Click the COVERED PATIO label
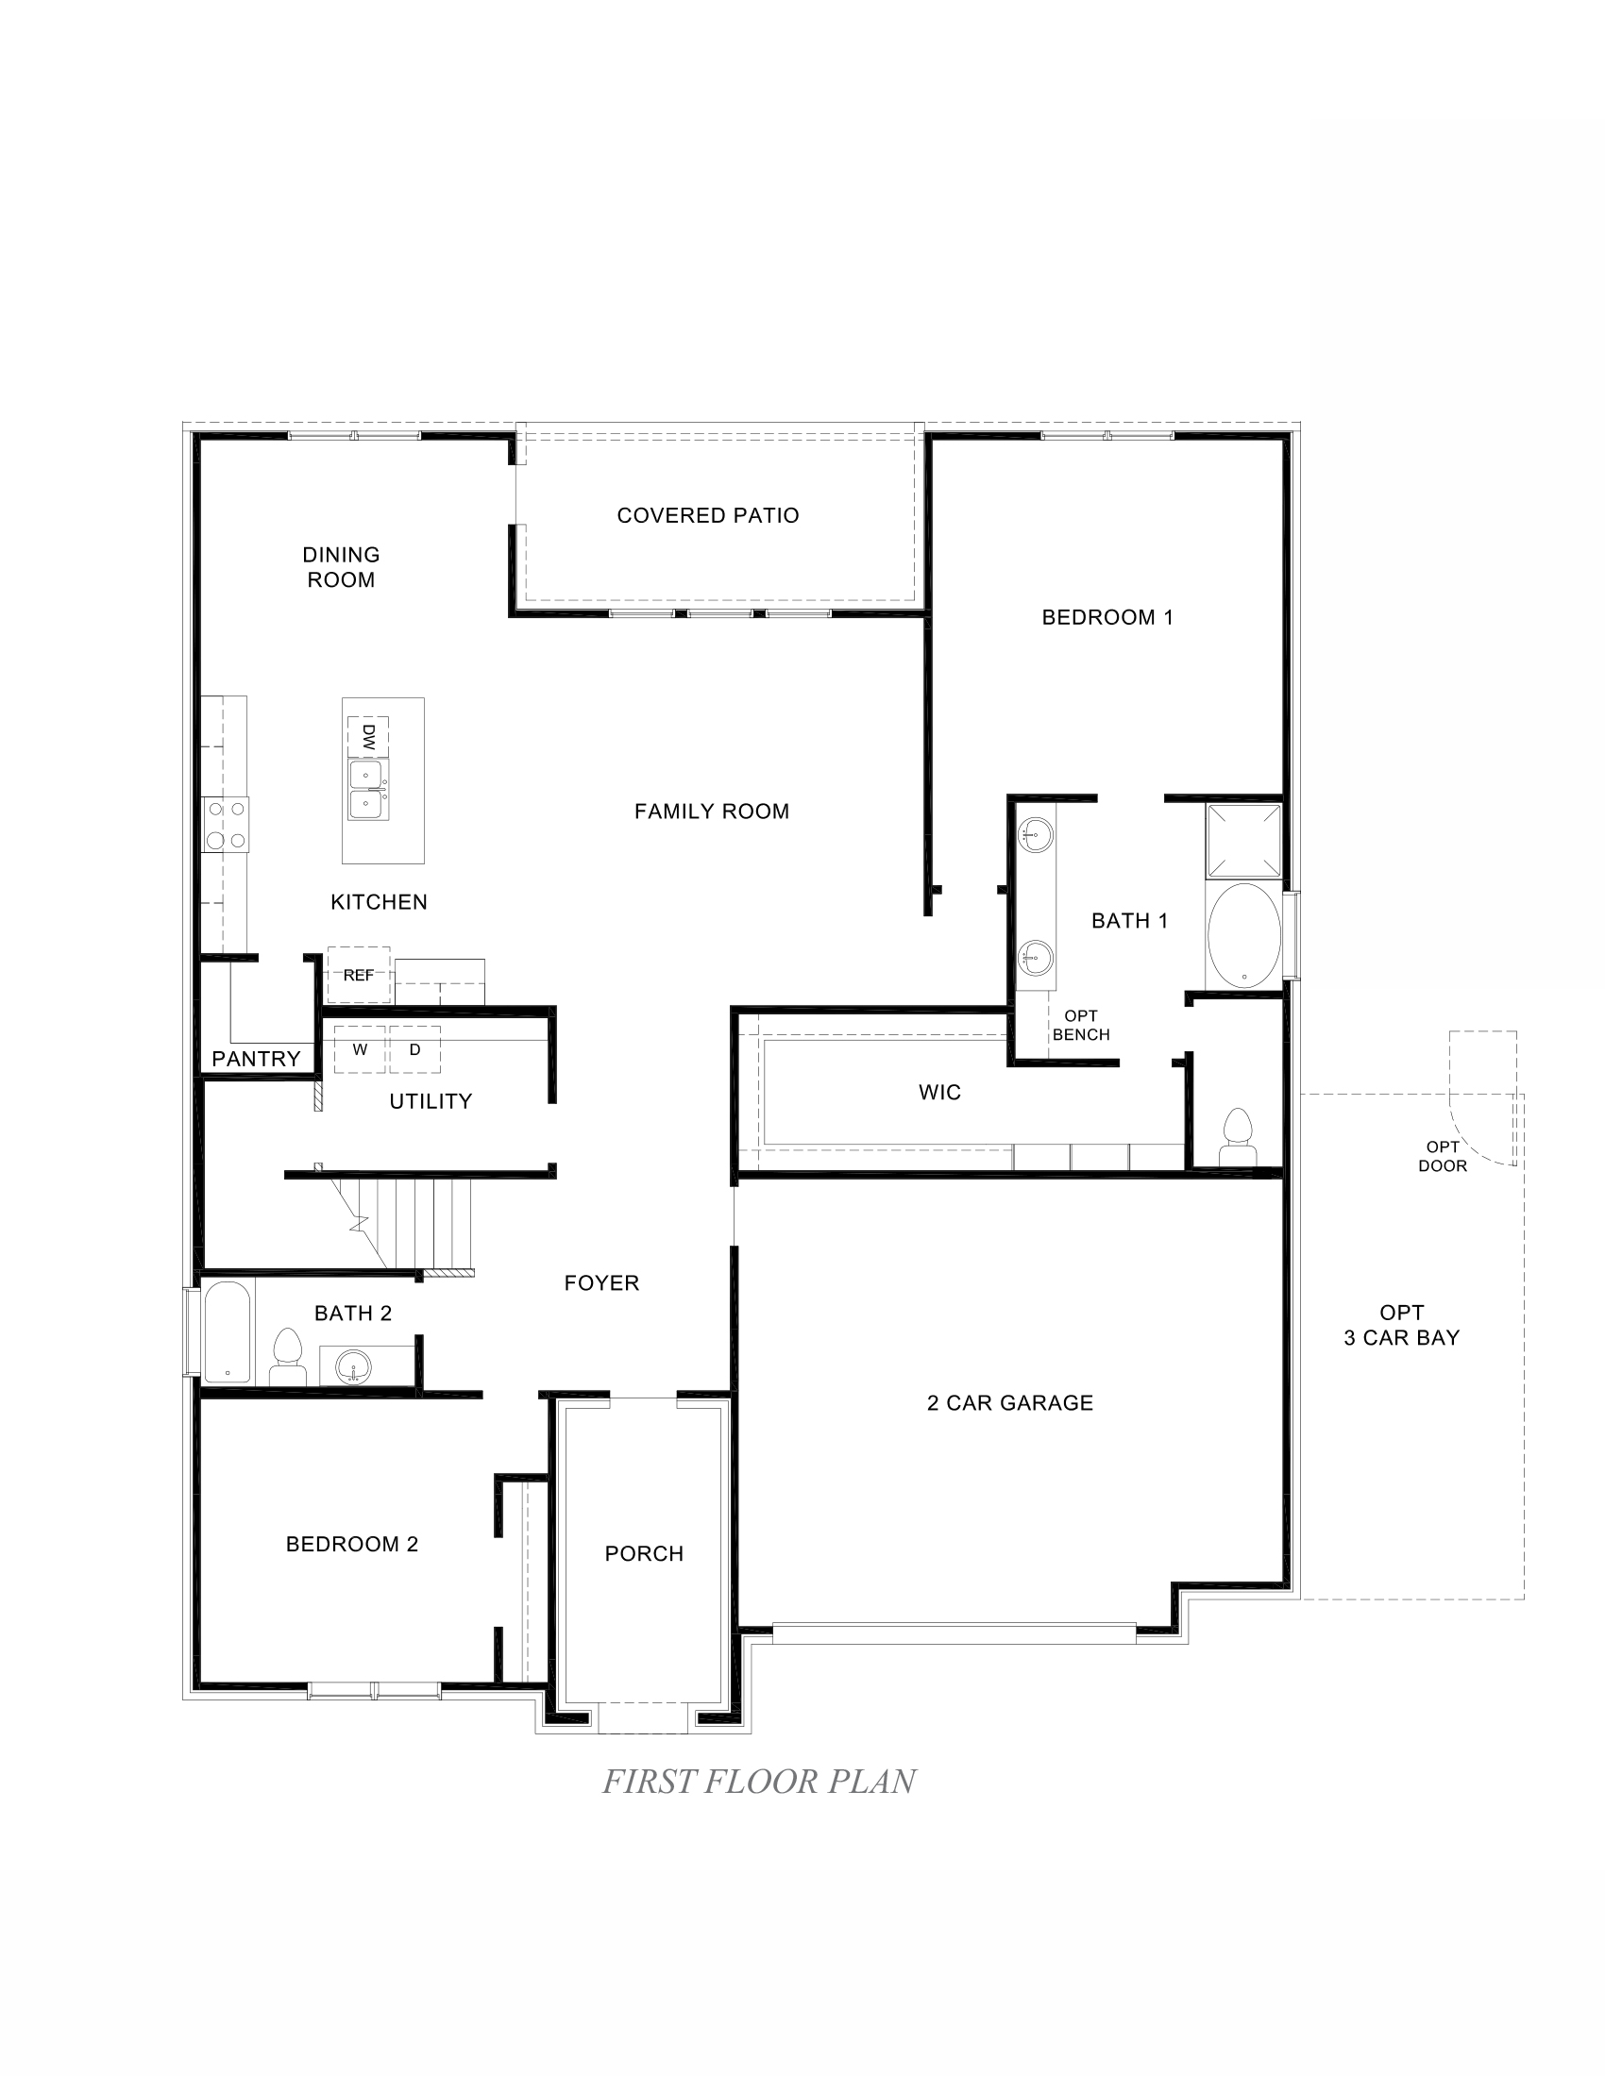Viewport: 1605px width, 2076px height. tap(707, 515)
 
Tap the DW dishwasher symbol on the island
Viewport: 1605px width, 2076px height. tap(368, 737)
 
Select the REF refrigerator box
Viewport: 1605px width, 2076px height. tap(359, 975)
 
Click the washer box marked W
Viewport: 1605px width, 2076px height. tap(360, 1049)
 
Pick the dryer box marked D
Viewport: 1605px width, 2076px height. tap(414, 1049)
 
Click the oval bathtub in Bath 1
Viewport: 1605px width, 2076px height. tap(1242, 936)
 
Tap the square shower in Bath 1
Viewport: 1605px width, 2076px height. tap(1242, 840)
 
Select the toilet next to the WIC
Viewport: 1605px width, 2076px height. tap(1237, 1136)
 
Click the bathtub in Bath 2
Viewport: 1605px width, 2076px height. tap(227, 1331)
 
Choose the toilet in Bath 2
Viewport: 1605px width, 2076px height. tap(286, 1355)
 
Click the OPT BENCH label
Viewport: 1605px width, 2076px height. tap(1081, 1026)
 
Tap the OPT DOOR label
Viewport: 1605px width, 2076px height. tap(1443, 1157)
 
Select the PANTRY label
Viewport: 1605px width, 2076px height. tap(256, 1059)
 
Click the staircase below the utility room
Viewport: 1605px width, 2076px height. tap(418, 1223)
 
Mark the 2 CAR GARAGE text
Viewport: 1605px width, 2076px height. tap(1010, 1403)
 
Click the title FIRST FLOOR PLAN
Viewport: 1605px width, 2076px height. tap(759, 1782)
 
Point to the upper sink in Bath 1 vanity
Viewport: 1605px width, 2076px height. tap(1035, 836)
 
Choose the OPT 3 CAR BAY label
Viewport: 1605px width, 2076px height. tap(1400, 1325)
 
